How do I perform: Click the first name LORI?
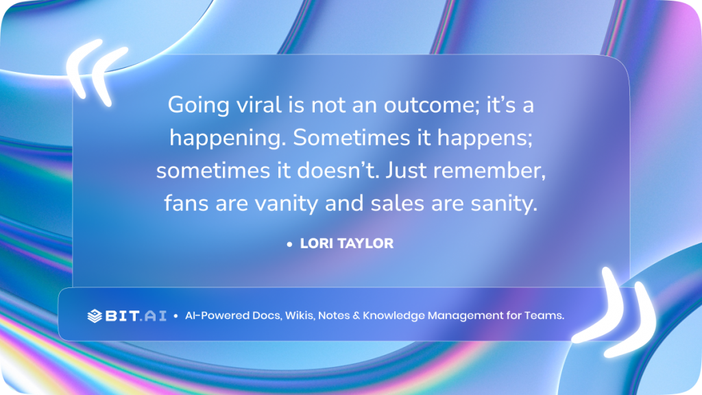click(x=315, y=243)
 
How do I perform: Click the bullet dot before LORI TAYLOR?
click(x=290, y=244)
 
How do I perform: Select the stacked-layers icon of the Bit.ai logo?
click(x=95, y=316)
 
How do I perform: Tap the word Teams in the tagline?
click(x=544, y=316)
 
